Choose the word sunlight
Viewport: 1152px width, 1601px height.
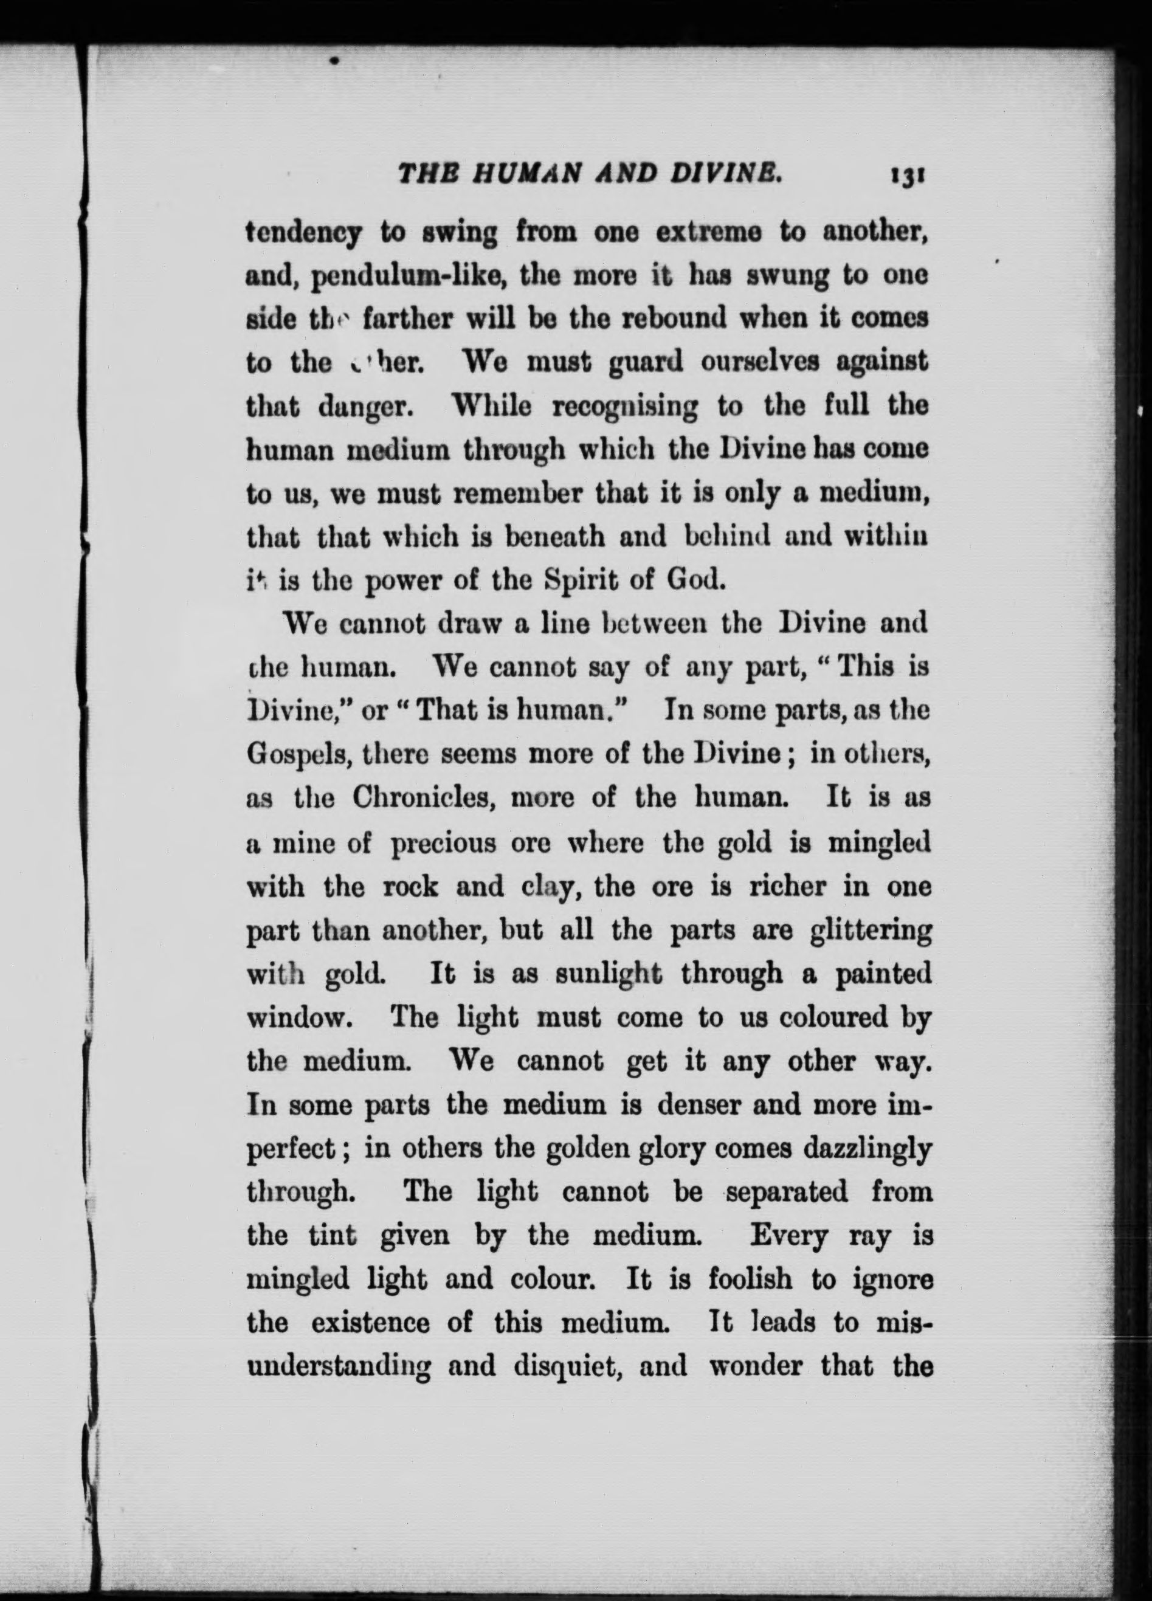pos(609,974)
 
